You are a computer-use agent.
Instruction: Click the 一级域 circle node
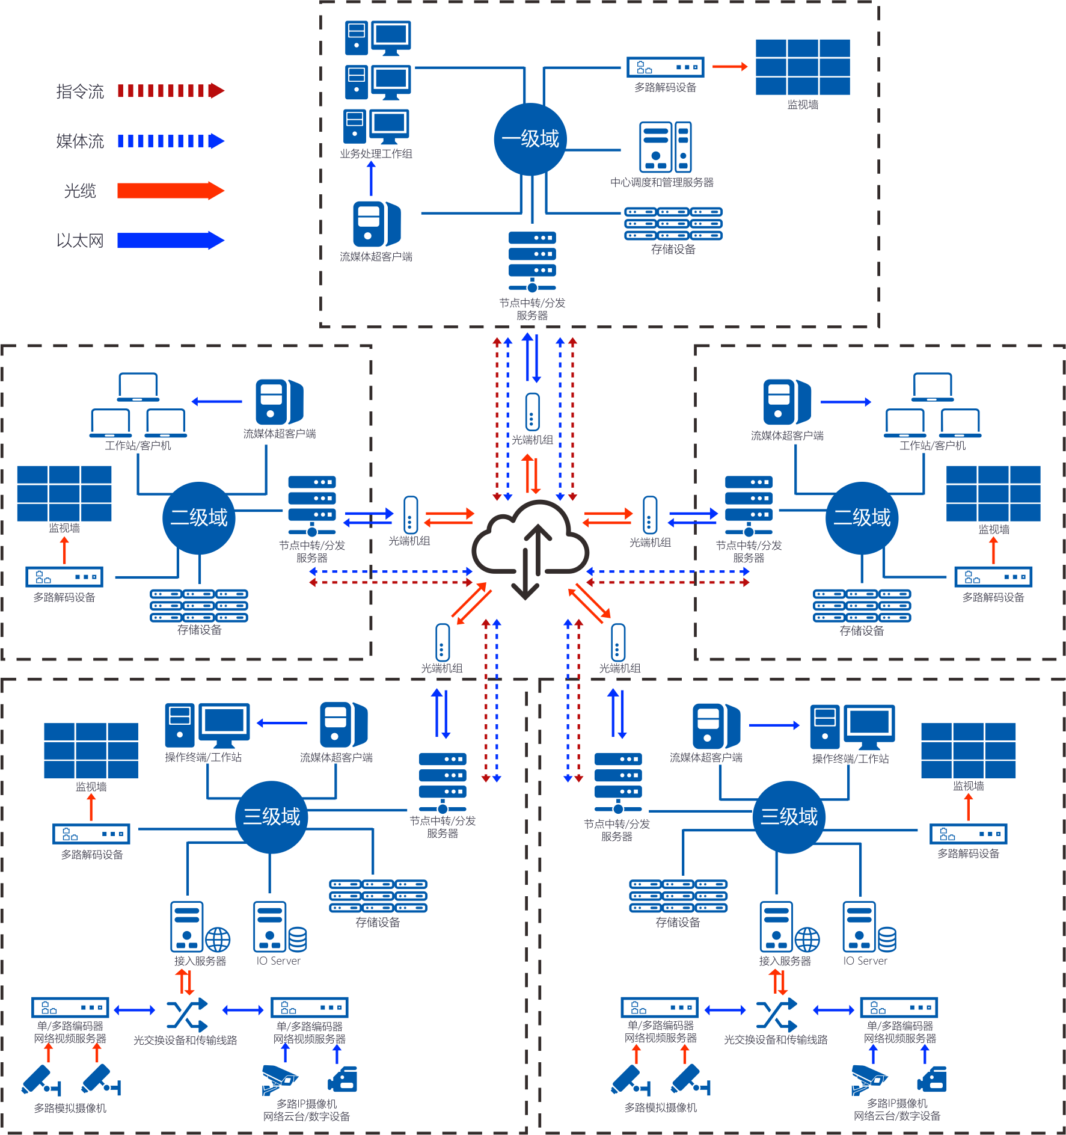point(530,139)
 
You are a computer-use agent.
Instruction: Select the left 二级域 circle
point(199,517)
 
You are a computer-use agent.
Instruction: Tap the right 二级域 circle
point(862,517)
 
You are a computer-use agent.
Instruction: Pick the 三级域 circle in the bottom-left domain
point(271,816)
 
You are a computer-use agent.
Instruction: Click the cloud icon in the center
point(530,547)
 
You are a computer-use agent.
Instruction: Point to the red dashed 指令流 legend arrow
point(171,91)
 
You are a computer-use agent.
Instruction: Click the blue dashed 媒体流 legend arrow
point(171,141)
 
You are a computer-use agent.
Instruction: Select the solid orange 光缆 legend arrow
point(171,191)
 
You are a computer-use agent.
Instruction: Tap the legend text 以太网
point(80,241)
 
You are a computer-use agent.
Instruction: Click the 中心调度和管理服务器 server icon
point(665,147)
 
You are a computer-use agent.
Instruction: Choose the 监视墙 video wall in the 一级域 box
point(803,67)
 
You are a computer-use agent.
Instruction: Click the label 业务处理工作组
point(376,154)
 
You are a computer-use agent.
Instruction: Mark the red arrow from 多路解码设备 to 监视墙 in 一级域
point(730,66)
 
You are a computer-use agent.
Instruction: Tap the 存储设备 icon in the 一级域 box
point(673,224)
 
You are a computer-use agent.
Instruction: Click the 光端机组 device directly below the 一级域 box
point(532,412)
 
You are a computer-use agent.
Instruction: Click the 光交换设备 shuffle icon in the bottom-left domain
point(187,1015)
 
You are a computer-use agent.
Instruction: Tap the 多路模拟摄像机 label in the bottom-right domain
point(660,1107)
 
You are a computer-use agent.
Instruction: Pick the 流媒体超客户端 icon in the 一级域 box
point(376,224)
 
